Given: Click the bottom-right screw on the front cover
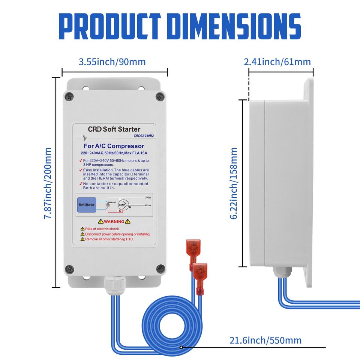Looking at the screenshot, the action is [160, 268].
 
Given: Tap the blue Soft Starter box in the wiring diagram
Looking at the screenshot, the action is [87, 205].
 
